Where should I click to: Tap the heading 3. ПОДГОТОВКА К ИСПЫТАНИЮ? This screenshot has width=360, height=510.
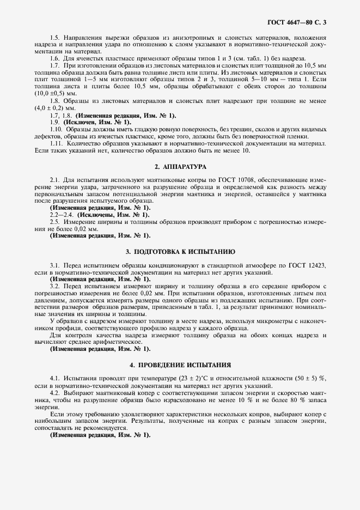tap(180, 252)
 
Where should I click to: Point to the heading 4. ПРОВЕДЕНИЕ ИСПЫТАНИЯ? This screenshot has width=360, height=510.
tap(180, 365)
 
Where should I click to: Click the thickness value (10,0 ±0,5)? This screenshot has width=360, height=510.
tap(51, 94)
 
